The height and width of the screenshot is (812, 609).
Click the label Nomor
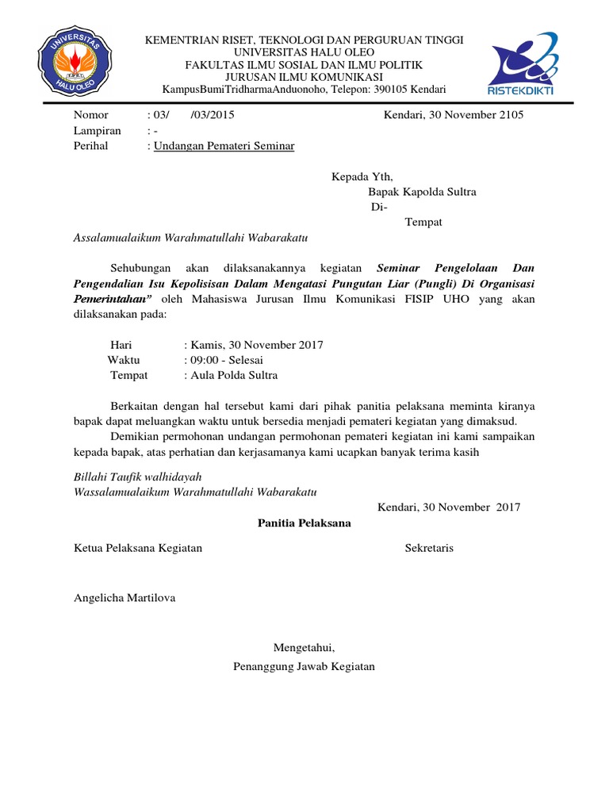[90, 115]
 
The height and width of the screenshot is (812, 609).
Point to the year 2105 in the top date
[507, 115]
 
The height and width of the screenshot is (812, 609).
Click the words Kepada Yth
[362, 177]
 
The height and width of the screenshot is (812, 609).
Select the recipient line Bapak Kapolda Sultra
[422, 192]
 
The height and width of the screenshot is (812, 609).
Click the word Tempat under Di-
[423, 222]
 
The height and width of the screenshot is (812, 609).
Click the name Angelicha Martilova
[124, 598]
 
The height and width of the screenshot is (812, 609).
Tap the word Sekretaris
[429, 548]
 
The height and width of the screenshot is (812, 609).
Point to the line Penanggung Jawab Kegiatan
[304, 666]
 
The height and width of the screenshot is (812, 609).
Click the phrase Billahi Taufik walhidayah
[137, 477]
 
